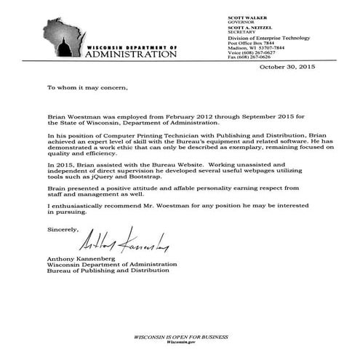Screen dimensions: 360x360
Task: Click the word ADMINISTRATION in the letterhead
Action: click(136, 55)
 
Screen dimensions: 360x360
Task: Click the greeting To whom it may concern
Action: click(87, 87)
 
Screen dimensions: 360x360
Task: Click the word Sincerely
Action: click(62, 230)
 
